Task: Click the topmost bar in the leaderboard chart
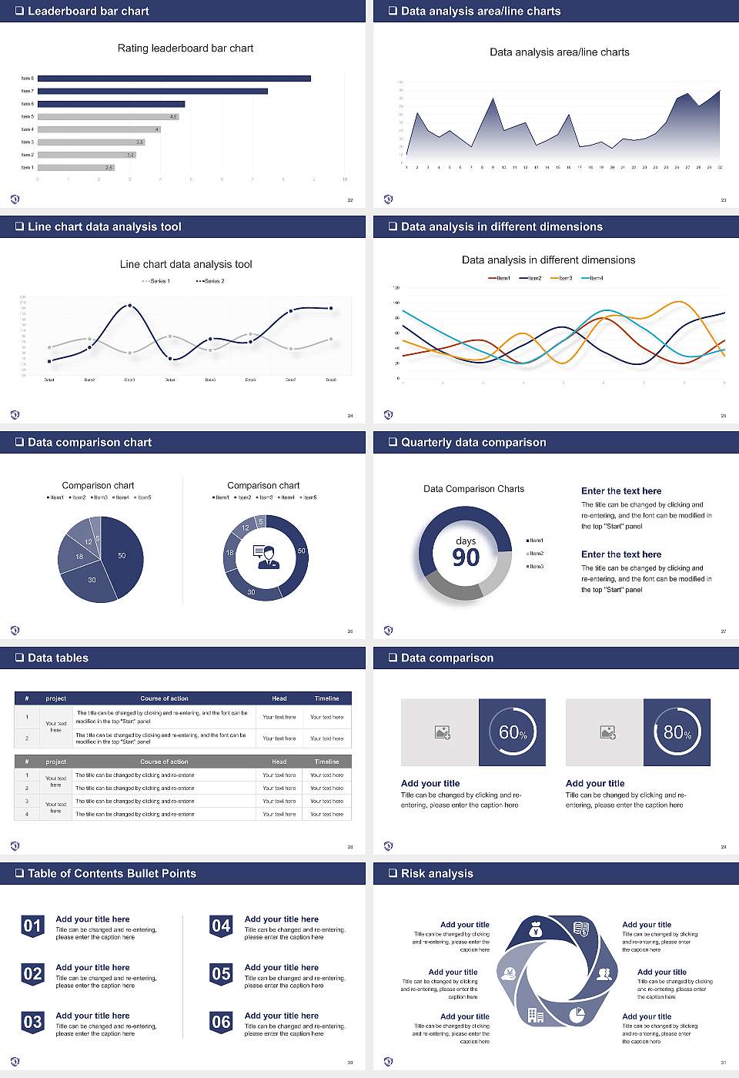click(x=174, y=79)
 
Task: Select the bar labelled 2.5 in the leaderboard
click(x=75, y=167)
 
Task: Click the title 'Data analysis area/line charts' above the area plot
click(x=559, y=52)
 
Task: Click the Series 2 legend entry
click(x=211, y=281)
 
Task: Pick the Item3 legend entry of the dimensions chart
click(x=562, y=278)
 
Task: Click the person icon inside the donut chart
click(x=266, y=557)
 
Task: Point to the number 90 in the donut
click(x=466, y=557)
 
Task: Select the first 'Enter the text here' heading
click(x=621, y=491)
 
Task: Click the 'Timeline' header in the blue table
click(x=326, y=698)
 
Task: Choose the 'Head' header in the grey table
click(x=279, y=762)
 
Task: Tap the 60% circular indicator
click(x=512, y=732)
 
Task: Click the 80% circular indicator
click(x=677, y=732)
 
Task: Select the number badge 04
click(x=221, y=926)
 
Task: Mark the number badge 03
click(x=32, y=1022)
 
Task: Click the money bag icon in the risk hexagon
click(x=537, y=932)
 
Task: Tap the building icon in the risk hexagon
click(x=535, y=1016)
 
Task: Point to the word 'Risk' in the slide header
click(x=414, y=873)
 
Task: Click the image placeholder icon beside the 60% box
click(x=442, y=732)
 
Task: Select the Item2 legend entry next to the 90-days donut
click(x=536, y=554)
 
